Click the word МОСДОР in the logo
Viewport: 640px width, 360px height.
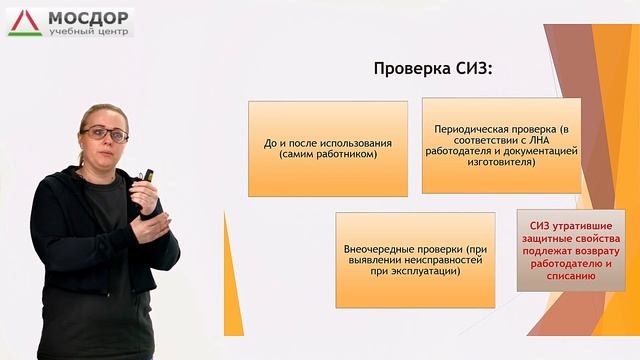point(85,16)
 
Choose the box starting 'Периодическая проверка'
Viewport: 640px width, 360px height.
point(500,145)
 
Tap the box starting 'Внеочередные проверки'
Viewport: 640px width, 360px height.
point(414,259)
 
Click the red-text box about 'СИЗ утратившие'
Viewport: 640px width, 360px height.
point(571,249)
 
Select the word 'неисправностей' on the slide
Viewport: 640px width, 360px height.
point(426,259)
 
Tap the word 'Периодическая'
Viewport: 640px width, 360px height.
point(469,130)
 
